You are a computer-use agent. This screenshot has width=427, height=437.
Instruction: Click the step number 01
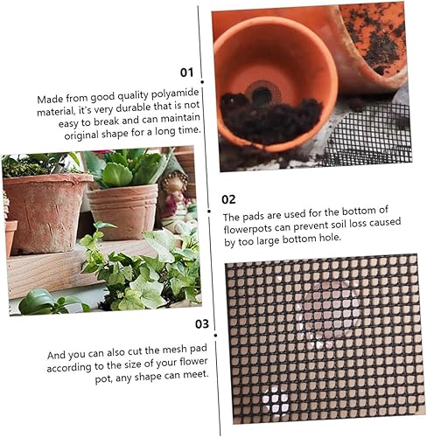point(185,73)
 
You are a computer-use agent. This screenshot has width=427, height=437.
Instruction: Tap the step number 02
point(228,198)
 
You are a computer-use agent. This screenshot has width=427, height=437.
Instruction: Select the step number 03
point(201,323)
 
